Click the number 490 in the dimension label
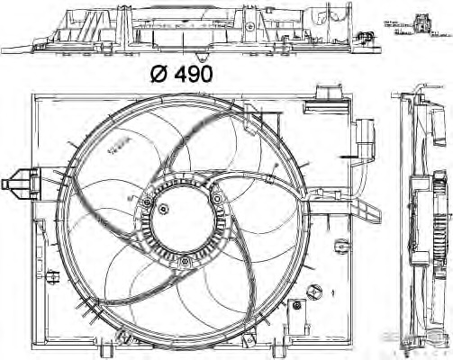coord(193,75)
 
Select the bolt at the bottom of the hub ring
coord(184,262)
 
